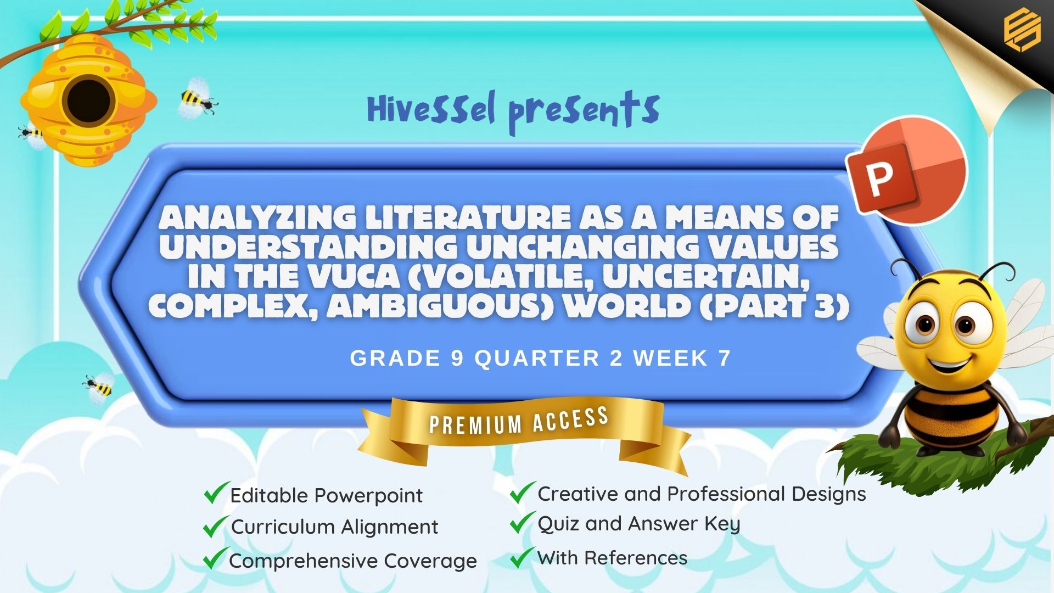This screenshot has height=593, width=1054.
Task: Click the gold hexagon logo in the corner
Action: [x=1022, y=31]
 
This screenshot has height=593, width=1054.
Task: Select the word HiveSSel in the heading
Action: [x=431, y=108]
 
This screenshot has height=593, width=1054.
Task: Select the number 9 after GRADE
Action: [x=457, y=359]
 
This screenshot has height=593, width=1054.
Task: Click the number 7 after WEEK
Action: [x=724, y=359]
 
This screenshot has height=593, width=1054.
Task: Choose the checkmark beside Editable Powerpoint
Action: [x=216, y=493]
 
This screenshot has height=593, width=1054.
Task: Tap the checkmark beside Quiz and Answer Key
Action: [x=522, y=522]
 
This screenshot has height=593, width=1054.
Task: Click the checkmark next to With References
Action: [x=522, y=557]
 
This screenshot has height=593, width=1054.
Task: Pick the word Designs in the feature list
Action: [x=828, y=495]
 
